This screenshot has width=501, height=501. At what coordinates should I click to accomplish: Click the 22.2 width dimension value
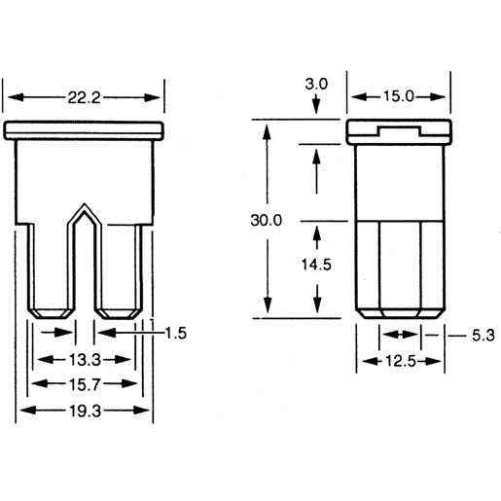[85, 96]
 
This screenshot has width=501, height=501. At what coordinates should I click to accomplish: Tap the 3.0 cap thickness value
[317, 85]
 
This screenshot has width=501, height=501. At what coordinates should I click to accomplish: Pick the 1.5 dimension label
[174, 334]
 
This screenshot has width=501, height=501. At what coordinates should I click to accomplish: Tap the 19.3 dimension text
[85, 412]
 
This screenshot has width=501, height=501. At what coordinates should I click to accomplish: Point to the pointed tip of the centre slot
[87, 206]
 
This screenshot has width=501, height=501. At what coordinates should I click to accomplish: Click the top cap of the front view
[86, 130]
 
